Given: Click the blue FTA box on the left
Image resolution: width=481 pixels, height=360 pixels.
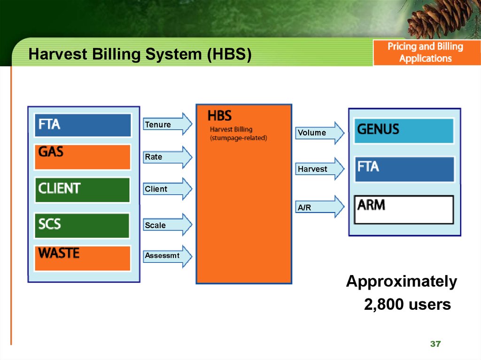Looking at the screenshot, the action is tap(83, 125).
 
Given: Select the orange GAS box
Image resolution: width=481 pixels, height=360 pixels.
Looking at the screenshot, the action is tap(83, 157).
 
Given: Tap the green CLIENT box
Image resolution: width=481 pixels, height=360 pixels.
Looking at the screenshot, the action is tap(82, 190).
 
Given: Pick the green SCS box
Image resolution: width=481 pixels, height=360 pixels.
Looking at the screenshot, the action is tap(82, 225).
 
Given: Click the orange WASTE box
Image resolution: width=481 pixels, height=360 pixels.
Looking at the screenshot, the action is tap(83, 258).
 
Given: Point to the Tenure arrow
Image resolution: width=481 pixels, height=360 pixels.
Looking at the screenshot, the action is tap(168, 124).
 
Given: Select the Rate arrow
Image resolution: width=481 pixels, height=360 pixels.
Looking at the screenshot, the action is tap(168, 157).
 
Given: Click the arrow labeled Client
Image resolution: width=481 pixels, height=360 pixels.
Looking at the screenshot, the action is tap(168, 189).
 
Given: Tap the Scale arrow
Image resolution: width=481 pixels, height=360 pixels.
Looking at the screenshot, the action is tap(168, 225).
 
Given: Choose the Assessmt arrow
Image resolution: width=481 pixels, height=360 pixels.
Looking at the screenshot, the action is tap(168, 256).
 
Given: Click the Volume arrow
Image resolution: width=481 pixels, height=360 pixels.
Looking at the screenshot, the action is tap(320, 133).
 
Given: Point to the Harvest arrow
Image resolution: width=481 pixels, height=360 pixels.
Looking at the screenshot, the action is tap(320, 169).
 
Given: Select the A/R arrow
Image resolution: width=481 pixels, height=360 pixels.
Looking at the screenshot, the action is tap(320, 207).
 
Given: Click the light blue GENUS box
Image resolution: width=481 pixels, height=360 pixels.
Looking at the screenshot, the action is tap(403, 131).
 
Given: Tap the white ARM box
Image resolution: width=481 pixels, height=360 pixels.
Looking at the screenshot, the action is tap(403, 210).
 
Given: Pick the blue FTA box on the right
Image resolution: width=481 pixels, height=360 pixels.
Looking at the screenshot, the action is tap(404, 169).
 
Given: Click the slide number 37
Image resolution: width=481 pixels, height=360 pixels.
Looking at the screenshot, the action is tap(435, 344).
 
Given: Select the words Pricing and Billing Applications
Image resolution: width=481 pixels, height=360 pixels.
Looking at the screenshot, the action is tap(426, 53).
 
